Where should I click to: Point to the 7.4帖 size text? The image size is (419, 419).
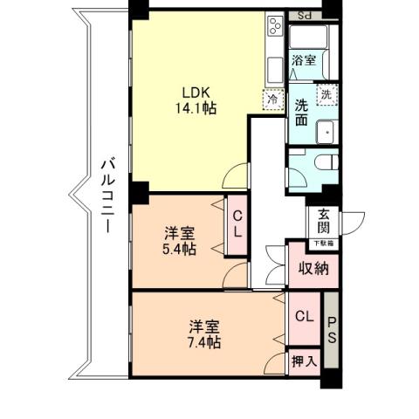click(x=204, y=342)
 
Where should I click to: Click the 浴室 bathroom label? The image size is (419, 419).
click(x=303, y=61)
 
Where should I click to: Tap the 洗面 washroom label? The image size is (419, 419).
click(x=301, y=113)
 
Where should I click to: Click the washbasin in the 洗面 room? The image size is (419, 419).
click(x=326, y=131)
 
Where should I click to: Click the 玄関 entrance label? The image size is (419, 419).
click(x=324, y=223)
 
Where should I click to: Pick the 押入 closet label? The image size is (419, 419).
click(x=305, y=360)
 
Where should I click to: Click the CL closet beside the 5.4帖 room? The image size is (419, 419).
click(x=237, y=225)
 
